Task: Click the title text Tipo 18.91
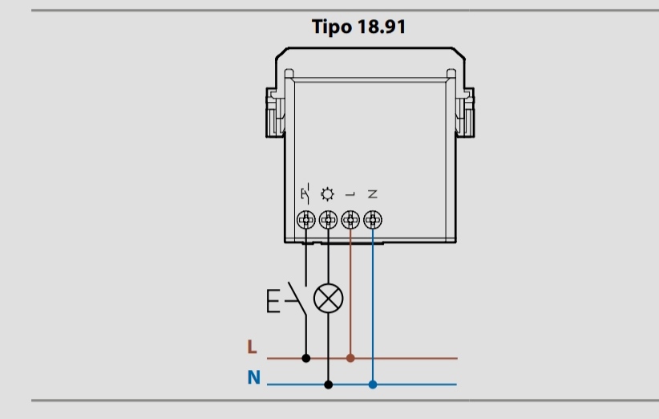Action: pyautogui.click(x=358, y=26)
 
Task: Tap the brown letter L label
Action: pyautogui.click(x=252, y=348)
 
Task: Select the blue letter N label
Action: pyautogui.click(x=253, y=376)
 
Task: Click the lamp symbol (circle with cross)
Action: pyautogui.click(x=328, y=299)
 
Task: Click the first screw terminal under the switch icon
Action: pyautogui.click(x=305, y=218)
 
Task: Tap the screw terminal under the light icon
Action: pyautogui.click(x=328, y=218)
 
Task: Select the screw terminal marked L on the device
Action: pyautogui.click(x=350, y=218)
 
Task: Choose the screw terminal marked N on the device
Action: pyautogui.click(x=373, y=218)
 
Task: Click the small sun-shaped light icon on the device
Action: pyautogui.click(x=328, y=193)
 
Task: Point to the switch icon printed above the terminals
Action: pyautogui.click(x=305, y=193)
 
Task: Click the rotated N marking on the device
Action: pyautogui.click(x=373, y=194)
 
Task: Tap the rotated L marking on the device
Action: pyautogui.click(x=350, y=194)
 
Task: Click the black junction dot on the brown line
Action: pyautogui.click(x=305, y=358)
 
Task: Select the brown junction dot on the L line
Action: pyautogui.click(x=350, y=358)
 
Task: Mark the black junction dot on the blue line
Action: pyautogui.click(x=328, y=384)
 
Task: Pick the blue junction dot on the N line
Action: pyautogui.click(x=373, y=384)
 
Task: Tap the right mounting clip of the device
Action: pyautogui.click(x=464, y=112)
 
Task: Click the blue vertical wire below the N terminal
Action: pyautogui.click(x=373, y=305)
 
